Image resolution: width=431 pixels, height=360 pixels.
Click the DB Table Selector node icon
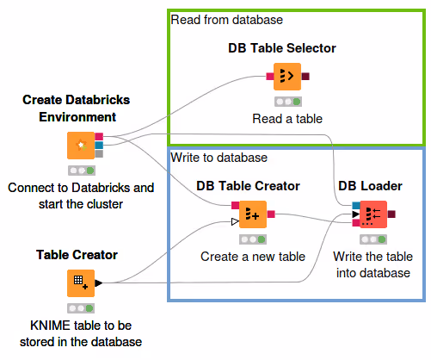287,77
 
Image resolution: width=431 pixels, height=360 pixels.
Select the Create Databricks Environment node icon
81,145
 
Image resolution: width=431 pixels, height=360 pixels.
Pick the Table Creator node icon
81,282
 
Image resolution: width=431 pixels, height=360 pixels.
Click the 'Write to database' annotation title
219,158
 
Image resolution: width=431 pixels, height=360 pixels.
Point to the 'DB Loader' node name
370,185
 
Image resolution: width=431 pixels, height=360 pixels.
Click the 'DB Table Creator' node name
248,185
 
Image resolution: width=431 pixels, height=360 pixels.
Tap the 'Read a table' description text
287,118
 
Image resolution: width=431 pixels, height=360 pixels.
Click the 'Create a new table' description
253,256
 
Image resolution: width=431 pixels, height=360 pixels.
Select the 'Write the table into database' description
370,264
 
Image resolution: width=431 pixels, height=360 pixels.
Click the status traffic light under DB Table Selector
287,100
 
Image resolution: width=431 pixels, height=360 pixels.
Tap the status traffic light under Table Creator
81,307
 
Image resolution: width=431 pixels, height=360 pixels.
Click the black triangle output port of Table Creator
99,282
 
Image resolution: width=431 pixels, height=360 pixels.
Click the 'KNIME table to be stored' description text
81,334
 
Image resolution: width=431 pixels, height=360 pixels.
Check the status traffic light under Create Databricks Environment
81,170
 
